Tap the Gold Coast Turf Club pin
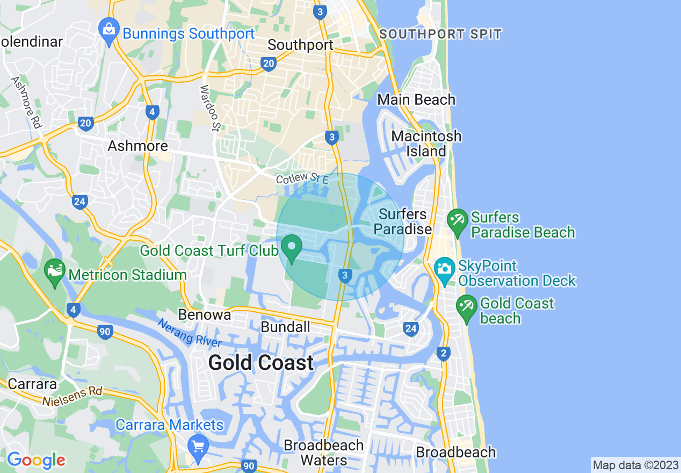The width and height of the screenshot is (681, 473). click(x=292, y=248)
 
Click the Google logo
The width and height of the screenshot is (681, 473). click(x=36, y=461)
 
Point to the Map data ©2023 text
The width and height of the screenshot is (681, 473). click(x=635, y=464)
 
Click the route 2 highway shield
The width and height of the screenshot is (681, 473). click(x=444, y=353)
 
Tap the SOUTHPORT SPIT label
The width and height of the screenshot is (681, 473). click(x=440, y=34)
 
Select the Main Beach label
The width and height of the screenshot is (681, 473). click(x=416, y=99)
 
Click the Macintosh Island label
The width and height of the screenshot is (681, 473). click(x=426, y=144)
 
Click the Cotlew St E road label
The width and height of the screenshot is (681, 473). click(x=302, y=177)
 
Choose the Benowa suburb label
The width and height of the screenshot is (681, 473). click(x=205, y=314)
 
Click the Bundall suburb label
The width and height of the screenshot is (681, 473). click(x=285, y=327)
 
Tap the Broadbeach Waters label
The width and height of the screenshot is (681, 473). click(x=323, y=453)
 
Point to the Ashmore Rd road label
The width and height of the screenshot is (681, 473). click(x=26, y=102)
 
